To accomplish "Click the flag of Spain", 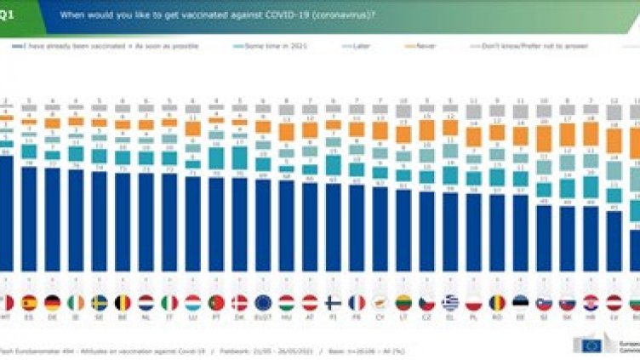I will [x=30, y=302].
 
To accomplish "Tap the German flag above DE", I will [x=53, y=302].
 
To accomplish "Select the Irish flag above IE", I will [x=76, y=302].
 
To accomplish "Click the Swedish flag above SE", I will [x=100, y=302].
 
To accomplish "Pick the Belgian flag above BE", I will [x=123, y=302].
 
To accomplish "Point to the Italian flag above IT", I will [x=169, y=302].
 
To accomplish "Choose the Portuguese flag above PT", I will [x=216, y=302].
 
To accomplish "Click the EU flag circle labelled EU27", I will [x=263, y=302].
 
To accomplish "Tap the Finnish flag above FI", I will [x=333, y=302].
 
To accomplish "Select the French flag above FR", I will [x=357, y=302].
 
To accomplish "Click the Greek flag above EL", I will [x=449, y=302].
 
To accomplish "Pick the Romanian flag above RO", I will [x=496, y=302].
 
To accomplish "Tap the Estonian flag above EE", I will [x=520, y=302].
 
